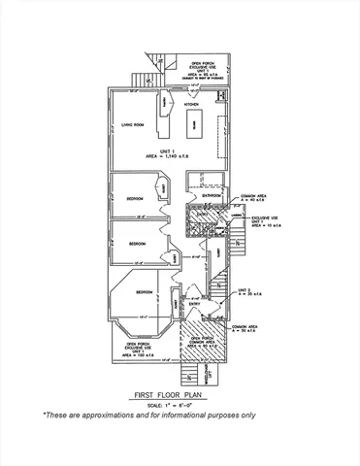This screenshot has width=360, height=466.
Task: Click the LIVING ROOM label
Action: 132,123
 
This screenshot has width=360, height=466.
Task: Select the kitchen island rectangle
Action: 194,124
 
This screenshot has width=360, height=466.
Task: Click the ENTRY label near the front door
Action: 194,304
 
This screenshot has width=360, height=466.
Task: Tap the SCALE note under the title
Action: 180,405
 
